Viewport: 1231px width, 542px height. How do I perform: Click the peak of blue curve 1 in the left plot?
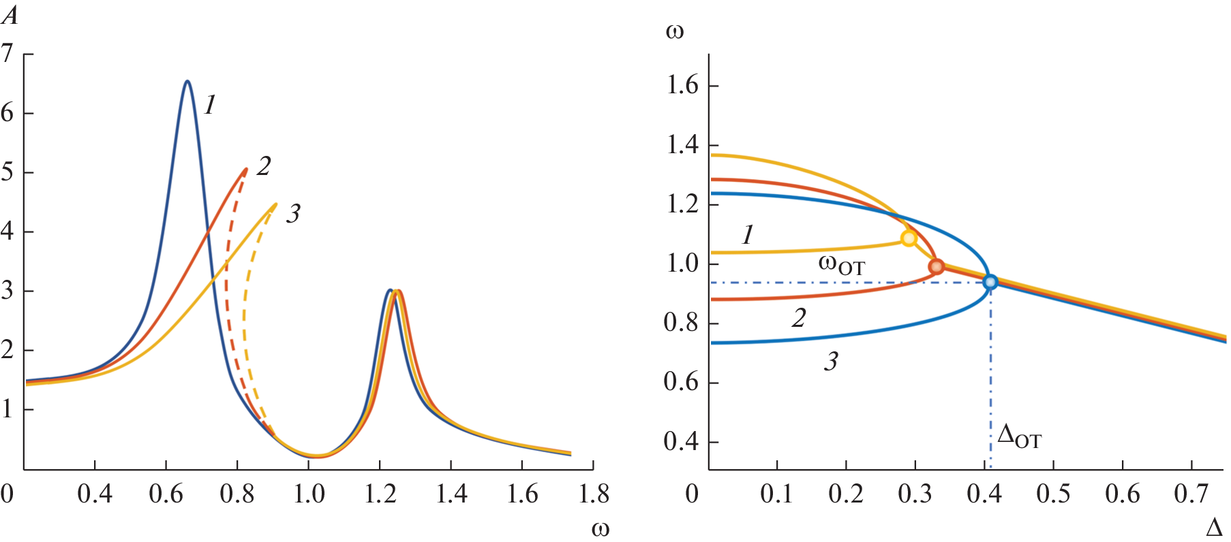187,82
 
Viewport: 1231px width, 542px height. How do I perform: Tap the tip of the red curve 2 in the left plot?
245,169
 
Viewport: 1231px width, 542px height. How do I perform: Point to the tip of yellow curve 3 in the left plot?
275,204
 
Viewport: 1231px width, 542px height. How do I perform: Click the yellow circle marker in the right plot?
909,238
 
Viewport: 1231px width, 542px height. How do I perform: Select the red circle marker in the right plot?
937,266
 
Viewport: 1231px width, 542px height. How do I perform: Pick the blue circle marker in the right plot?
990,282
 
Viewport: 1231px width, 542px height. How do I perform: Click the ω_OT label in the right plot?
841,264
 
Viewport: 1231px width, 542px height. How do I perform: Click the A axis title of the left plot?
10,15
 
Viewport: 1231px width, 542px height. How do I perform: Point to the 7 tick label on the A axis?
7,53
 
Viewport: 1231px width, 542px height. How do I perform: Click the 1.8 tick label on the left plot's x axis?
594,494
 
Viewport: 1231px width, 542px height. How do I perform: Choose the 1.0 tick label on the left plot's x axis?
309,494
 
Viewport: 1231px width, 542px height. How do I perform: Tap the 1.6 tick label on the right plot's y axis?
682,86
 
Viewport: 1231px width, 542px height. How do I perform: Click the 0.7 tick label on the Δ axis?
1191,494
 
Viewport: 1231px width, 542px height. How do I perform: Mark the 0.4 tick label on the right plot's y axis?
682,442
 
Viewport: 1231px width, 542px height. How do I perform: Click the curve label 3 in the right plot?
831,362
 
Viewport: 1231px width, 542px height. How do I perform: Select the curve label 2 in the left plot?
264,166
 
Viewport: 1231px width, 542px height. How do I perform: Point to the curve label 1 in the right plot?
748,235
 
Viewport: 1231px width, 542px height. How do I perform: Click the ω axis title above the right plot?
674,31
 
